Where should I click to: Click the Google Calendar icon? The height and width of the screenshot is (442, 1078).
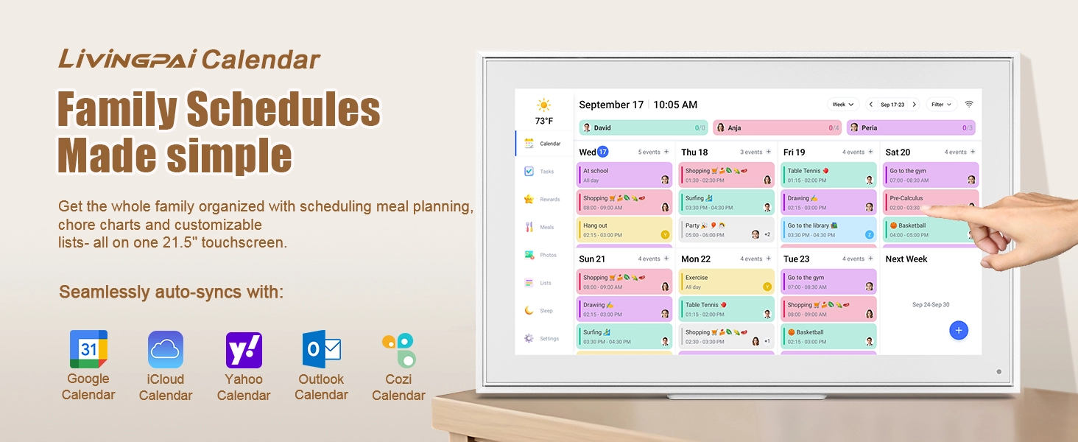pos(88,349)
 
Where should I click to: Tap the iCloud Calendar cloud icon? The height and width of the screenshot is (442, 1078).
pos(166,350)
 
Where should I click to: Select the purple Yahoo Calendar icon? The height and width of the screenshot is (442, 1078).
pos(244,350)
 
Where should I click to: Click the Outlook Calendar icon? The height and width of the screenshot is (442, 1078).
pos(322,350)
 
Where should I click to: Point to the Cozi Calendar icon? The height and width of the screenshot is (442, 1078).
pos(398,350)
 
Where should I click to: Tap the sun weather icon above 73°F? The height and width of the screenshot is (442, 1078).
pos(544,105)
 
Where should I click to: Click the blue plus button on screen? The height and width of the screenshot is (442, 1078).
pos(958,331)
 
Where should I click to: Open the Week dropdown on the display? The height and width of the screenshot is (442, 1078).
pos(843,105)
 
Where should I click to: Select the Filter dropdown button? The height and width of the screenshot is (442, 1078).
pos(941,105)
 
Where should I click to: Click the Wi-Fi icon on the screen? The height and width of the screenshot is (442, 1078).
pos(969,105)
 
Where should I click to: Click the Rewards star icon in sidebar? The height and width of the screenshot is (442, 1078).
pos(529,199)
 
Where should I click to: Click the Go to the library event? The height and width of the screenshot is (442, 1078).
pos(828,229)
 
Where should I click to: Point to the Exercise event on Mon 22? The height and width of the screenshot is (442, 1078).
pos(725,281)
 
